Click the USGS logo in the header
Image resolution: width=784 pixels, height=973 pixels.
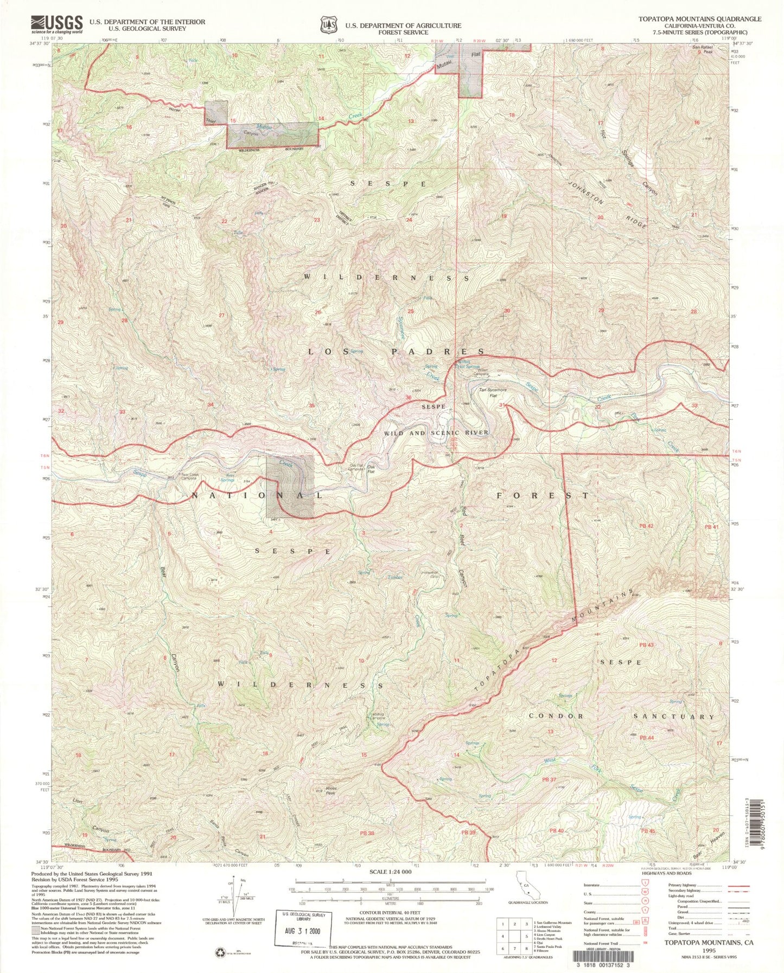pos(56,24)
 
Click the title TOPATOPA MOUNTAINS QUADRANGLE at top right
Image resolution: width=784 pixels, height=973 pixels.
pos(699,19)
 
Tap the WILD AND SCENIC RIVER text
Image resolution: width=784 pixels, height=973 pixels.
pos(436,433)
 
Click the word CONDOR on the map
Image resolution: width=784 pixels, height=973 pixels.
pos(556,716)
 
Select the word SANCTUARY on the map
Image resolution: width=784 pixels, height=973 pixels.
pos(674,716)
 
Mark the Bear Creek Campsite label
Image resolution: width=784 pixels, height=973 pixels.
pos(188,477)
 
